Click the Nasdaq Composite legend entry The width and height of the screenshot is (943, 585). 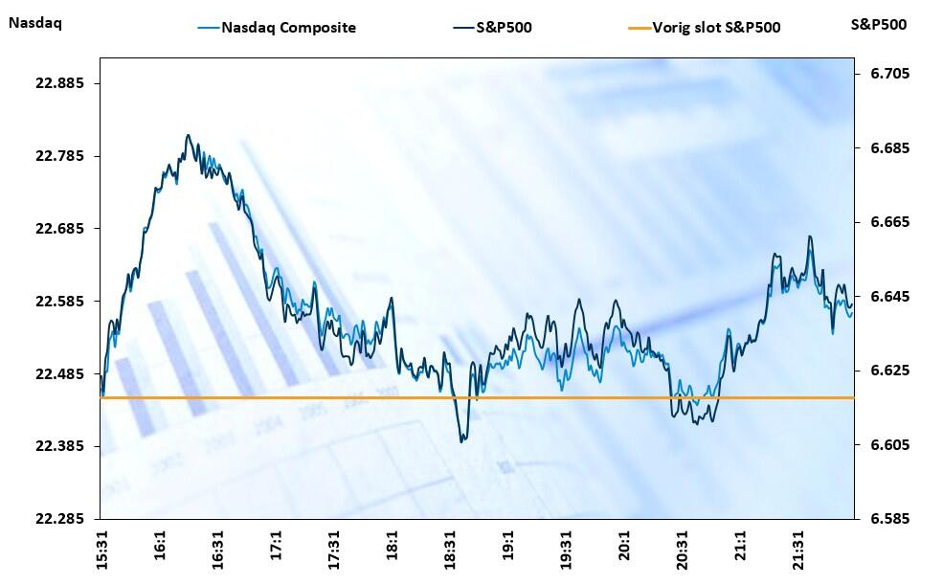[288, 28]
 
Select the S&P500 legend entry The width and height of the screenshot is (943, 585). [504, 28]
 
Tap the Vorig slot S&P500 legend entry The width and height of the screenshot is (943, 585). [715, 28]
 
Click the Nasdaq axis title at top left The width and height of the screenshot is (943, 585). [34, 24]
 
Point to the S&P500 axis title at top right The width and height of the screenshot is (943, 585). [878, 24]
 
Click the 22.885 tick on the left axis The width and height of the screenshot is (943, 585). [60, 83]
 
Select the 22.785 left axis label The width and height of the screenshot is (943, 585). [60, 156]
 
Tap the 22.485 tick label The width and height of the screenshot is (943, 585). [60, 373]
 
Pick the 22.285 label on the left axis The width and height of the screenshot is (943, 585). [60, 519]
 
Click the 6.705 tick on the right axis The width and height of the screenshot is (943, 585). [890, 74]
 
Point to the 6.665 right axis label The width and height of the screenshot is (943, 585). [890, 222]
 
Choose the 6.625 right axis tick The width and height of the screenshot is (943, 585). [890, 371]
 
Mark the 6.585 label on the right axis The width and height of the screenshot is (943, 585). [890, 519]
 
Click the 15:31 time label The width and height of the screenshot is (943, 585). [102, 549]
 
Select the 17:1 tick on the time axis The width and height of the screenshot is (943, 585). [277, 545]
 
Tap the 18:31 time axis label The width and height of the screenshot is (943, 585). [451, 549]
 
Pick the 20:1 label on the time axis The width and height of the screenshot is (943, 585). [624, 545]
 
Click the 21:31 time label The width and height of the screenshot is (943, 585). [798, 549]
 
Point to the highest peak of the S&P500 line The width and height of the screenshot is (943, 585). [188, 135]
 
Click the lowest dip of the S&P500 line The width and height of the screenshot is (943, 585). [461, 441]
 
